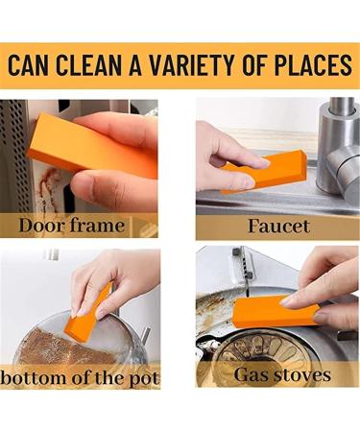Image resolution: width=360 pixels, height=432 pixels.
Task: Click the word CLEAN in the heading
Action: coord(93,66)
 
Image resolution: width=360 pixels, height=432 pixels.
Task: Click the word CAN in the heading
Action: coord(32,66)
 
